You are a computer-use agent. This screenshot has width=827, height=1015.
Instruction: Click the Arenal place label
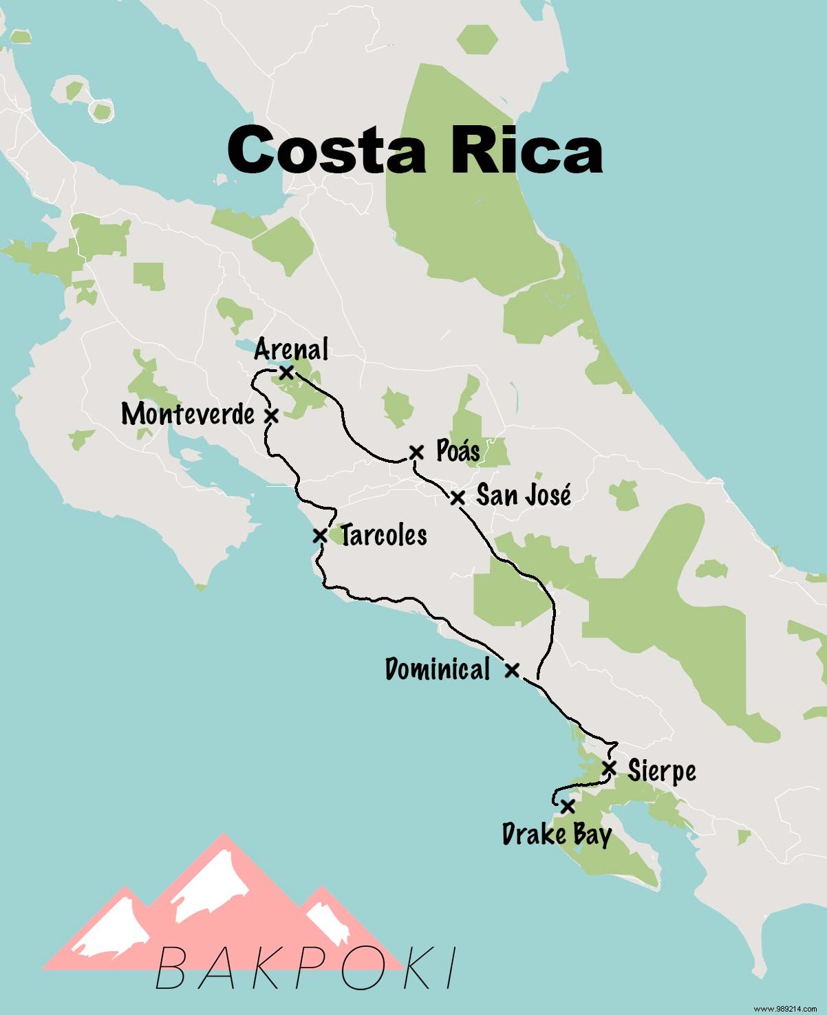[291, 349]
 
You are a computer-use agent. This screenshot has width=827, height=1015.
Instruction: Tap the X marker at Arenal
[287, 372]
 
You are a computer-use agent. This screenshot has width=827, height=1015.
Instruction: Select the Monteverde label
[188, 414]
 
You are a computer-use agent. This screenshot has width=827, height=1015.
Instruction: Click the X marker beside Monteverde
[272, 415]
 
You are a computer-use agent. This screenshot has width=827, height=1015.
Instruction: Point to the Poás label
[458, 451]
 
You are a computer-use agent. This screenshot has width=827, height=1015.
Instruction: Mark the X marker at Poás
[416, 452]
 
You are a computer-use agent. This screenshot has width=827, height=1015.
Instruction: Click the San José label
[524, 495]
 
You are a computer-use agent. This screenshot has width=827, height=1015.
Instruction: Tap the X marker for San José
[458, 497]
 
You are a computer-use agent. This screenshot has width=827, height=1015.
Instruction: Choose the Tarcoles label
[384, 535]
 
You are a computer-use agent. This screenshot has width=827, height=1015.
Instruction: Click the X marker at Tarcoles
[320, 534]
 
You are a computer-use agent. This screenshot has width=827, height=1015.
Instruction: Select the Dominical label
[438, 669]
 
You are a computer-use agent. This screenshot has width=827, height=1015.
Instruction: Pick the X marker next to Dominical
[512, 670]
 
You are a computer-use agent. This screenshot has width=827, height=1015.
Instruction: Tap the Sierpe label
[661, 771]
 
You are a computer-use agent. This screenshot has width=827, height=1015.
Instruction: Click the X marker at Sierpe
[609, 768]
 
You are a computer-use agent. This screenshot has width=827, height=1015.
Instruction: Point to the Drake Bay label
[557, 835]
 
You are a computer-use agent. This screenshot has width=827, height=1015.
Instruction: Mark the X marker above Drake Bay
[567, 805]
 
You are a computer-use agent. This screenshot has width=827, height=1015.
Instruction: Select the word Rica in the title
[527, 150]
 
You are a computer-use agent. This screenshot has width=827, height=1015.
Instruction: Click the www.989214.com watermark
[785, 1007]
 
